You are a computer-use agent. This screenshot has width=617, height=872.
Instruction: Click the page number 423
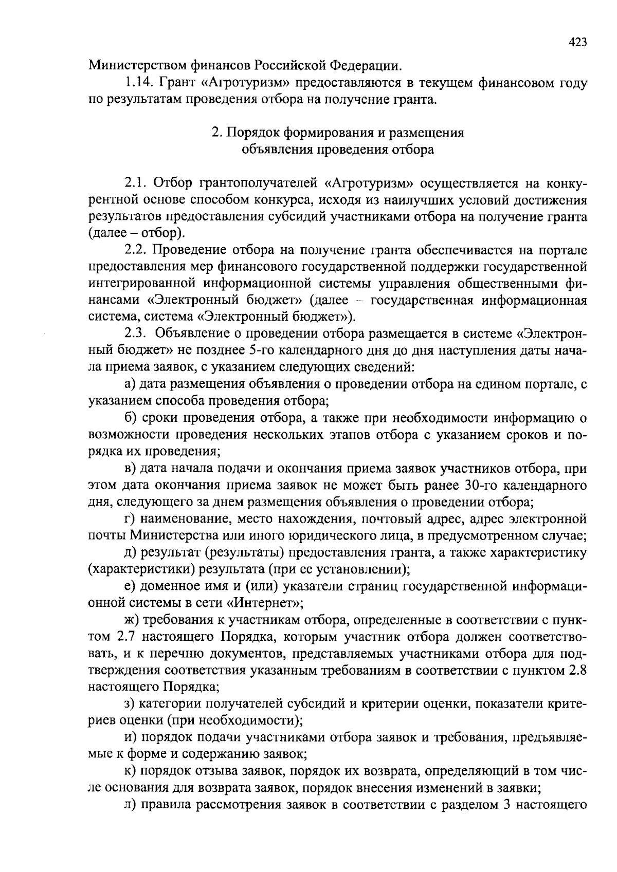tap(577, 43)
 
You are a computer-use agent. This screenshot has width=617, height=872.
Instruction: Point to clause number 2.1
tap(136, 183)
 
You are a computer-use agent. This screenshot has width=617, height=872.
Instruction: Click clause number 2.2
tap(136, 251)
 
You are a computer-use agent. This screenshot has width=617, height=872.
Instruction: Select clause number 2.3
tap(136, 333)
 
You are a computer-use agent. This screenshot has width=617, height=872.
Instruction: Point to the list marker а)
tap(130, 384)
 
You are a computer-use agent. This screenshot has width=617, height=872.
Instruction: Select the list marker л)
tap(131, 805)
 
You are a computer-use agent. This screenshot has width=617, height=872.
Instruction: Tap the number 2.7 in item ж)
tap(126, 637)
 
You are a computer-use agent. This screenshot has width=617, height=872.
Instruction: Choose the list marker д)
tap(131, 553)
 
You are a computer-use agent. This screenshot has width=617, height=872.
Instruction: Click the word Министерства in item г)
tap(169, 535)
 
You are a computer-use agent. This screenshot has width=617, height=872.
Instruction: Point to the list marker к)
tap(130, 771)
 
